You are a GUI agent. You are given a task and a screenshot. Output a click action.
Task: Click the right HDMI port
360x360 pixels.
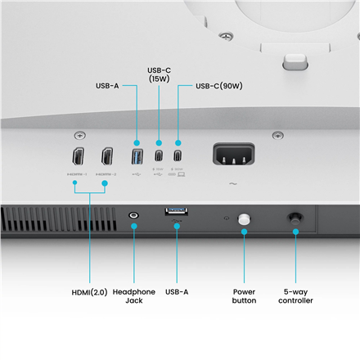(x=106, y=156)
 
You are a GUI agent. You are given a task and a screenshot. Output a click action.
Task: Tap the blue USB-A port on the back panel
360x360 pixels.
(x=137, y=155)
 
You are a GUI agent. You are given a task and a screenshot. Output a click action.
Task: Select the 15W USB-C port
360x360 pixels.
(x=159, y=155)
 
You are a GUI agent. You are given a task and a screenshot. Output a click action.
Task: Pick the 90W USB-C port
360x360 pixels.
(x=177, y=155)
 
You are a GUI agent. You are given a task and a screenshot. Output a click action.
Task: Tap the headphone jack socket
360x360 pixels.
(x=134, y=217)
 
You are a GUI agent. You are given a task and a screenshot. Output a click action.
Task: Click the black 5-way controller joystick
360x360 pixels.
(x=295, y=219)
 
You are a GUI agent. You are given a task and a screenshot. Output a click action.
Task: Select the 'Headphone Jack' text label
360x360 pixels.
(x=134, y=296)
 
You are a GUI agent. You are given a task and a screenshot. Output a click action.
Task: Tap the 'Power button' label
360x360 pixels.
(x=245, y=296)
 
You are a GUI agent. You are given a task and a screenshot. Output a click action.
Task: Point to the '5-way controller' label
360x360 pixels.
(x=295, y=296)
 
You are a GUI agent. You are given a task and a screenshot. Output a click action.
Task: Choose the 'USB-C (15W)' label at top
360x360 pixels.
(x=159, y=74)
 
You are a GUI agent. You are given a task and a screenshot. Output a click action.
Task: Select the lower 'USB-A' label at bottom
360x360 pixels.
(x=177, y=291)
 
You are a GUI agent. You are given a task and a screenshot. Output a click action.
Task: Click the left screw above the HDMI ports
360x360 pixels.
(x=79, y=135)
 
